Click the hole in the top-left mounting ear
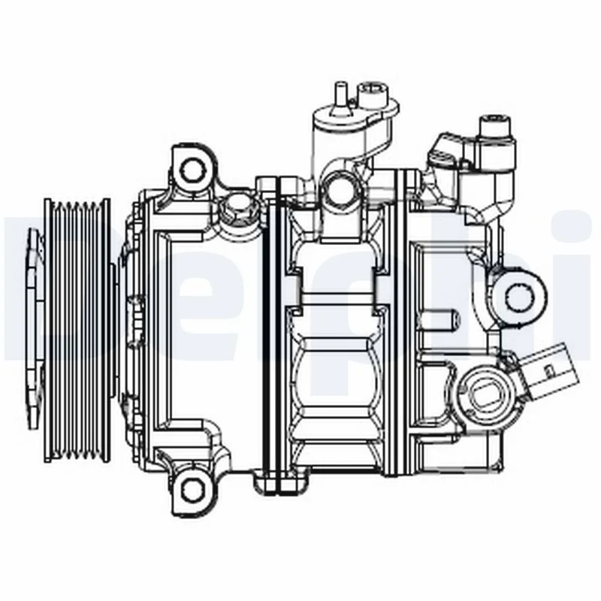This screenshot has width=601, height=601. (x=194, y=168)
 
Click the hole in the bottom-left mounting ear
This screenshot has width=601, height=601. (x=194, y=490)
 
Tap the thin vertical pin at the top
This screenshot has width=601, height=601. (x=338, y=97)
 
